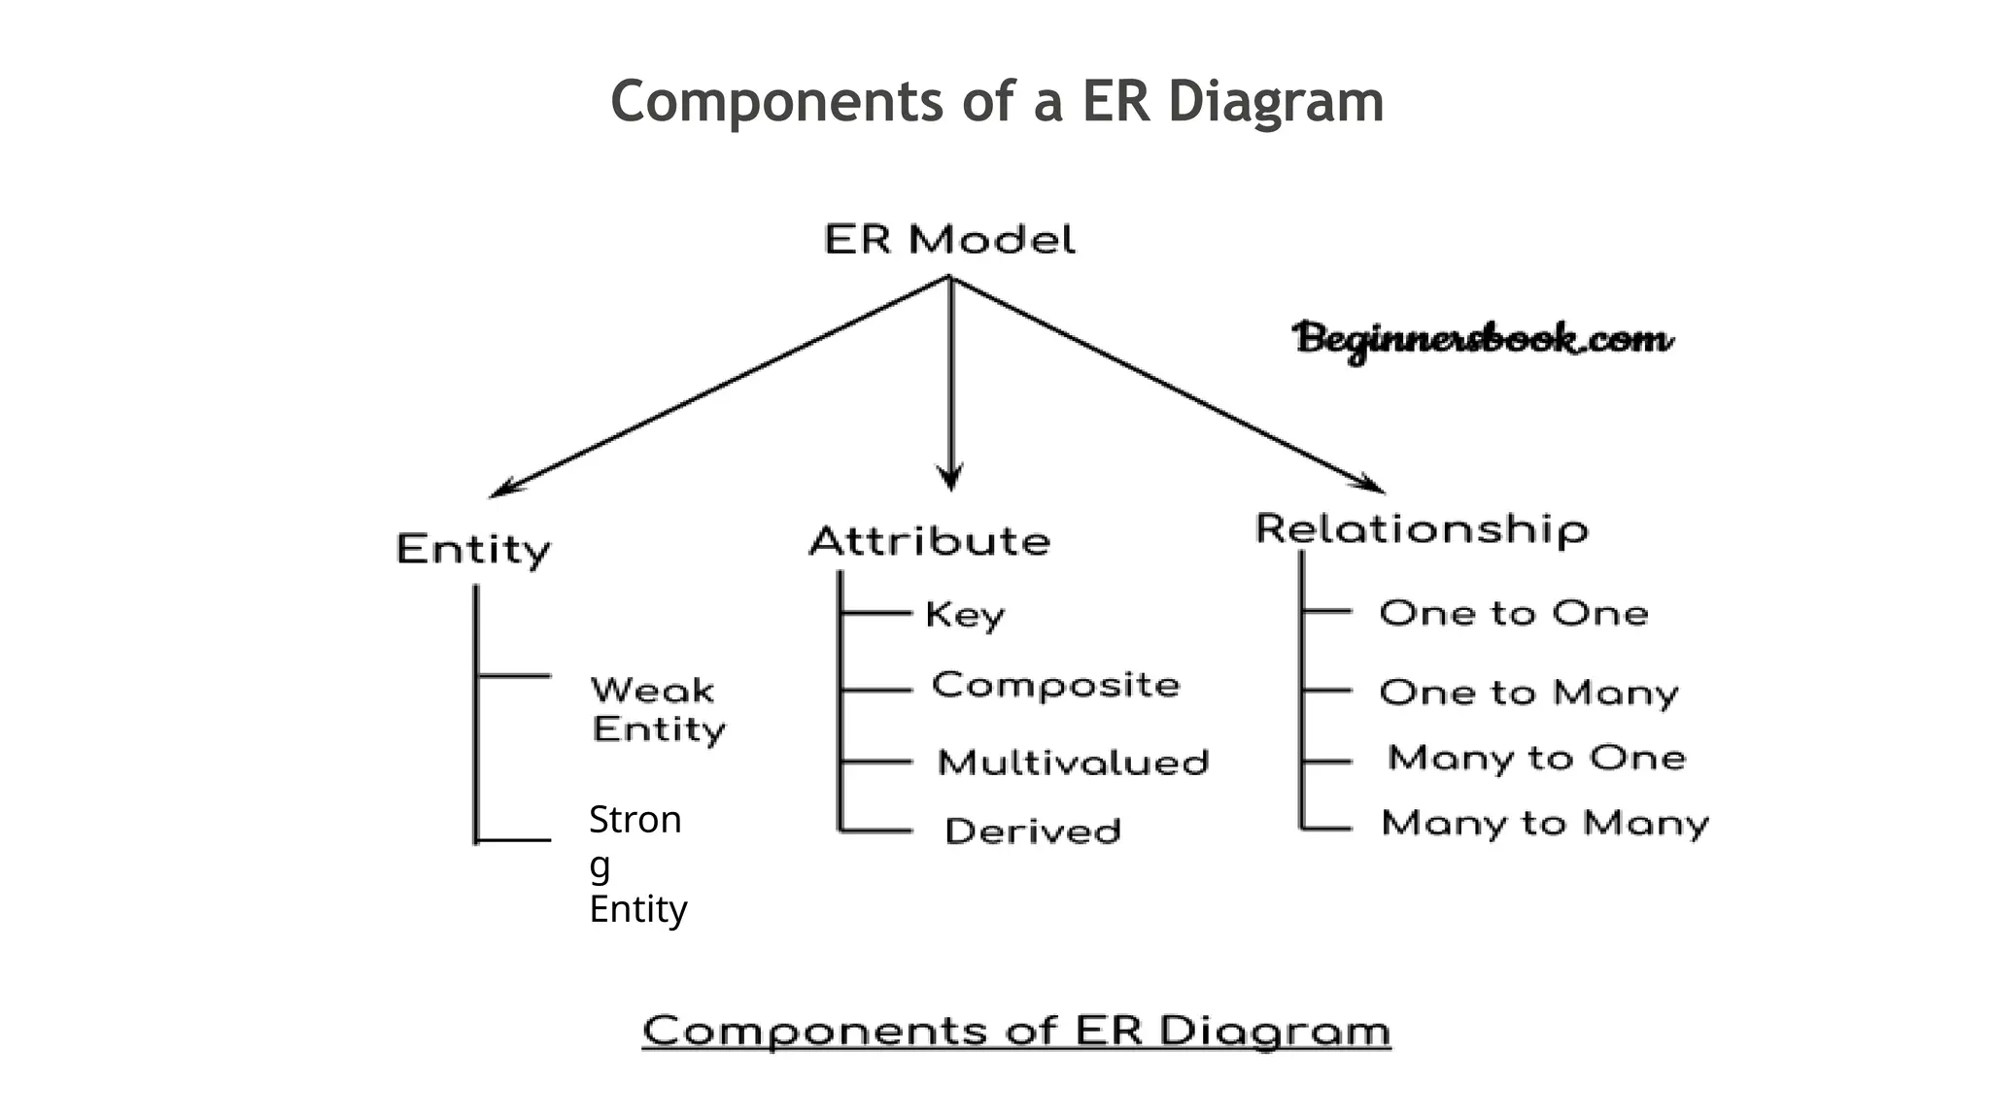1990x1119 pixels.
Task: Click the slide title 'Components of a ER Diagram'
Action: pos(997,101)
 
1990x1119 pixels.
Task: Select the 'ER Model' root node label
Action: pos(949,239)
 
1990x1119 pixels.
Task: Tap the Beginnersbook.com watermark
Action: pos(1482,341)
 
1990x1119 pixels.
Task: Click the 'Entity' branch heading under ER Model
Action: pos(473,550)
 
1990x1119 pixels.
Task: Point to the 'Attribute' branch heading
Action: pos(930,541)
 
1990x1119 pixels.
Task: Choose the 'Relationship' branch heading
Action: pos(1422,529)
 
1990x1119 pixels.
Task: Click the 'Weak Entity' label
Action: pos(658,710)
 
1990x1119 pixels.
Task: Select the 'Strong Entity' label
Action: pos(637,864)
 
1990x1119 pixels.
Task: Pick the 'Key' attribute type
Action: pos(964,614)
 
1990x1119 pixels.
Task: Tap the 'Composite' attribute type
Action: pos(1055,685)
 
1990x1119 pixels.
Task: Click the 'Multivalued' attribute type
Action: pos(1073,763)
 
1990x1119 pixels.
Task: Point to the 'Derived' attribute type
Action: pos(1033,831)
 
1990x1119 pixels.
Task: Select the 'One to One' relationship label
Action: pos(1514,614)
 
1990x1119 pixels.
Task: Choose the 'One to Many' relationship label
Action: pos(1528,693)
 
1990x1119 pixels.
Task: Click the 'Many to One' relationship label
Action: pos(1536,758)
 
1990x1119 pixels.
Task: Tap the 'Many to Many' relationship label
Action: pos(1545,824)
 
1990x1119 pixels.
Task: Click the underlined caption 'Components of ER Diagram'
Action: pos(1016,1031)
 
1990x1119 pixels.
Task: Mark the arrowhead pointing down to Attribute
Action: pos(950,479)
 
